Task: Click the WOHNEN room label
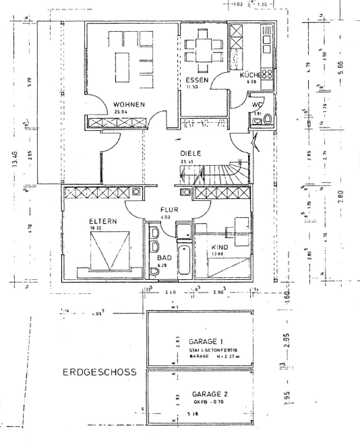(x=129, y=105)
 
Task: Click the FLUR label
(x=169, y=209)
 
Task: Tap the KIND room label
(x=220, y=247)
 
